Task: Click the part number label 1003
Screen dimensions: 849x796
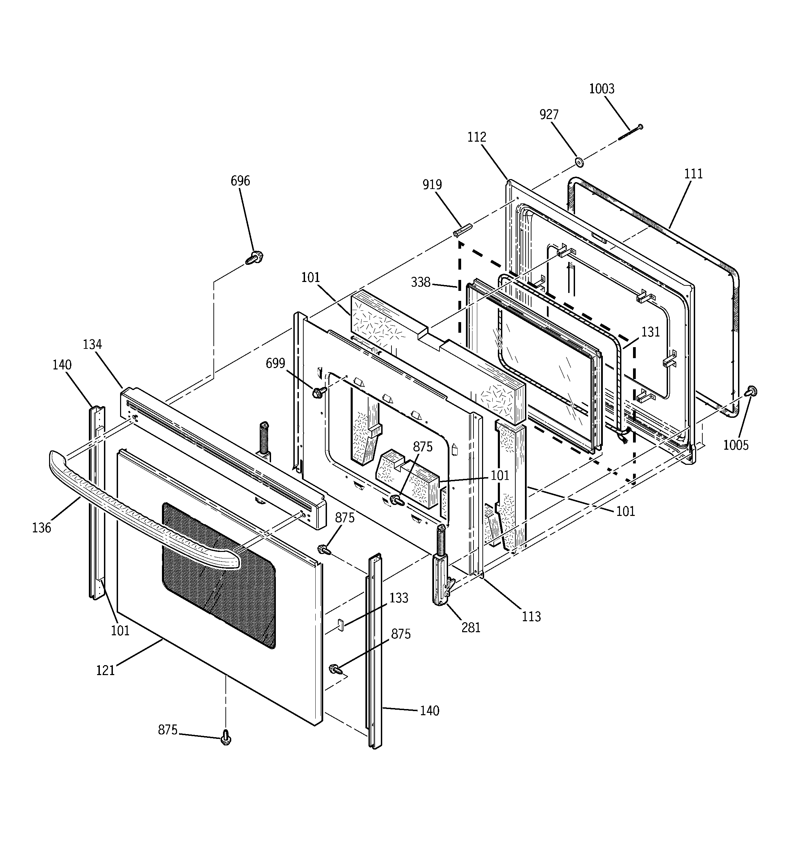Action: (x=601, y=89)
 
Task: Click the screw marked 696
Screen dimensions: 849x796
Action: (x=255, y=258)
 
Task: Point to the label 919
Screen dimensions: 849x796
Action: (x=432, y=185)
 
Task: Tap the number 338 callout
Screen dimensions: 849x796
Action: (x=420, y=282)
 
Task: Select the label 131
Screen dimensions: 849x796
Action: (x=650, y=332)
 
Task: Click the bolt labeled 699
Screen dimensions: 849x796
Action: (x=318, y=392)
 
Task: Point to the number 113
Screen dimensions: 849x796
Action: (x=531, y=616)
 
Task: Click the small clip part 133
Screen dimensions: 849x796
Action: (x=341, y=624)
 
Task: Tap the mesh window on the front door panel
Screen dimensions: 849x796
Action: (x=218, y=572)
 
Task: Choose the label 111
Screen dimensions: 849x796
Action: (x=693, y=174)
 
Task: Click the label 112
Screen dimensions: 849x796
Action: (x=477, y=137)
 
